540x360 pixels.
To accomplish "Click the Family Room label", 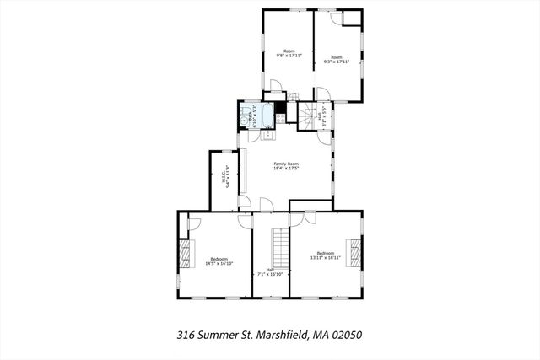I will [286, 164].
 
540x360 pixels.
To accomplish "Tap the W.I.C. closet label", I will [225, 180].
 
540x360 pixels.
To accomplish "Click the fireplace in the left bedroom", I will [185, 254].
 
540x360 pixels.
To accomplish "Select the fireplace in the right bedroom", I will [356, 250].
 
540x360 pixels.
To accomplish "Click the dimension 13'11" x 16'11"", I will [325, 258].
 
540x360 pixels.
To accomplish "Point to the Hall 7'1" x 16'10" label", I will [269, 271].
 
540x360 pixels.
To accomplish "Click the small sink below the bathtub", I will [269, 132].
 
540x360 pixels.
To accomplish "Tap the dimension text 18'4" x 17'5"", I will [286, 169].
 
